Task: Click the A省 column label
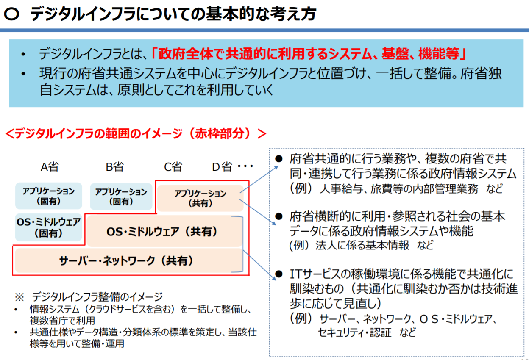[50, 167]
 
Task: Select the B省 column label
[114, 167]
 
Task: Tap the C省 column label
[173, 167]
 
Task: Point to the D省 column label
[222, 167]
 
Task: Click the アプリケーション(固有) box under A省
[49, 196]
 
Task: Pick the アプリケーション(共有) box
[200, 198]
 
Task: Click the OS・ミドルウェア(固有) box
[49, 227]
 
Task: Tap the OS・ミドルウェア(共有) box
[162, 232]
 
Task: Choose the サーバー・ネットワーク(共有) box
[127, 260]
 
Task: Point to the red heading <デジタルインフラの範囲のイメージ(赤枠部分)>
[136, 133]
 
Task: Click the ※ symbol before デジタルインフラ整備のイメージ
[19, 296]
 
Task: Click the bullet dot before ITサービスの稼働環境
[278, 274]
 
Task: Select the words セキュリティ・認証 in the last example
[355, 332]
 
